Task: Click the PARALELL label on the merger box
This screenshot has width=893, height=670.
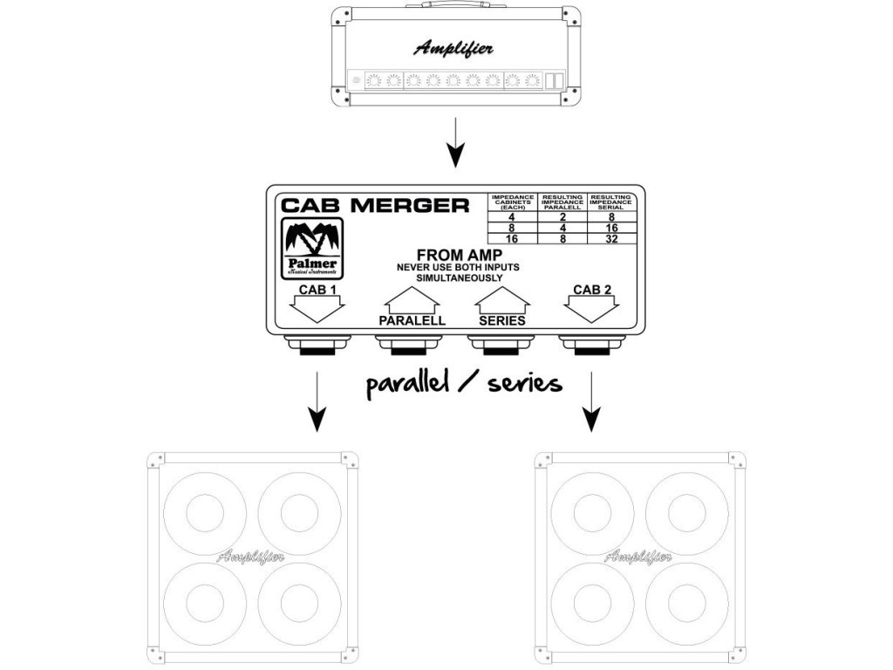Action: tap(412, 320)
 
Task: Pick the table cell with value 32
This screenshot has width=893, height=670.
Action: tap(613, 238)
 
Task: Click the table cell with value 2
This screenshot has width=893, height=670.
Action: tap(562, 217)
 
